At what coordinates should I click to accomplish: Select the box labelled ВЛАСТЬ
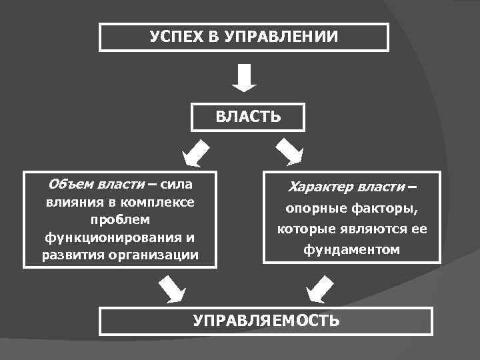pyautogui.click(x=248, y=117)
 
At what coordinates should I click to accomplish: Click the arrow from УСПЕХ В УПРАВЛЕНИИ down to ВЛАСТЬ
pyautogui.click(x=244, y=78)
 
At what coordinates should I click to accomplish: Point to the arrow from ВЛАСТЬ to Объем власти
pyautogui.click(x=197, y=153)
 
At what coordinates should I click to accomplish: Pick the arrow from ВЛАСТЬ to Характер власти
pyautogui.click(x=289, y=152)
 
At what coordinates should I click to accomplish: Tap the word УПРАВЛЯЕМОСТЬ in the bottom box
pyautogui.click(x=266, y=321)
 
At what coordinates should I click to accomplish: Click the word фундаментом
pyautogui.click(x=351, y=250)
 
